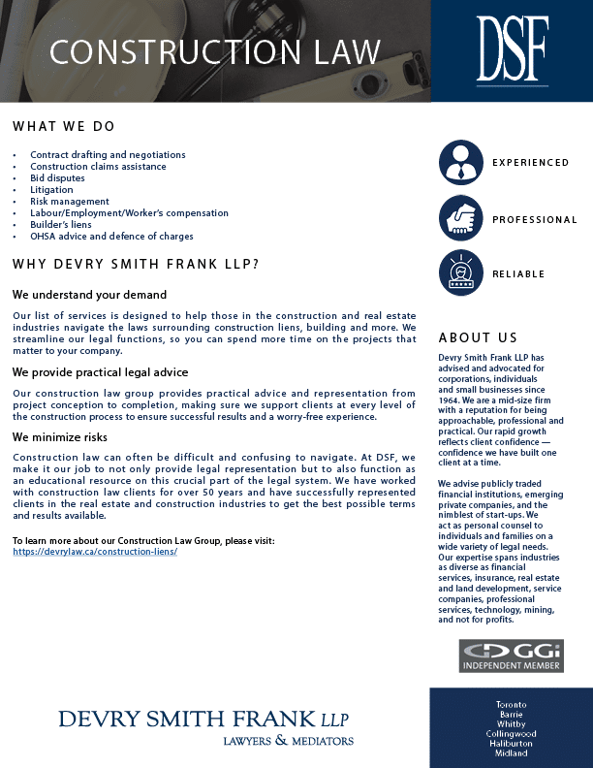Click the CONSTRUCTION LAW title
pos(215,51)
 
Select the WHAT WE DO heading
pos(64,126)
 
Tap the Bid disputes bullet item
pos(57,178)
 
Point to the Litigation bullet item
pos(51,190)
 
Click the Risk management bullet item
pos(70,202)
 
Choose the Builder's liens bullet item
pos(61,225)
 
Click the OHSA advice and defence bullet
pos(111,237)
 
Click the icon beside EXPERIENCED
pos(460,163)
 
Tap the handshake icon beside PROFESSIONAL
pos(460,219)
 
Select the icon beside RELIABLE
pos(460,273)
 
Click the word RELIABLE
pos(518,274)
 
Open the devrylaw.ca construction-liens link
pos(95,551)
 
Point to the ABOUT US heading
pos(478,338)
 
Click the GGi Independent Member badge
pos(511,656)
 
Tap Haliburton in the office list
pos(511,743)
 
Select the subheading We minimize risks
pos(60,437)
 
